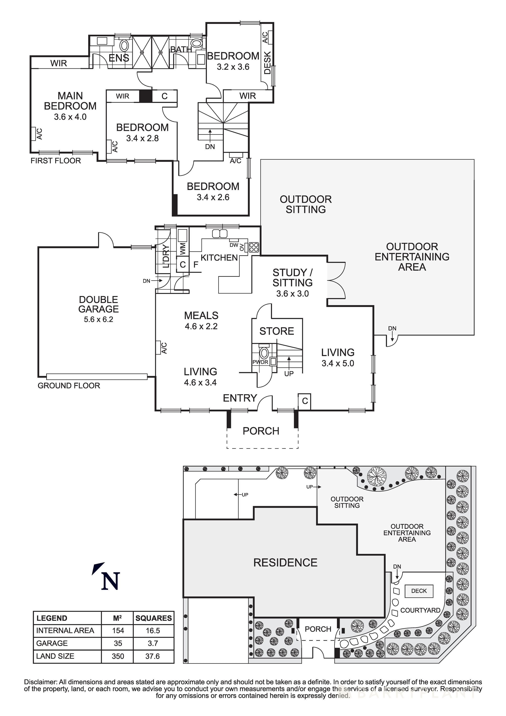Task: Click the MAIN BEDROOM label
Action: [70, 101]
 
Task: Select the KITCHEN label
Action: [219, 258]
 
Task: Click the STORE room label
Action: [277, 331]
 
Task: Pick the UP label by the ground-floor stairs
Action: [289, 374]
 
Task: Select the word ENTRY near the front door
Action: [240, 398]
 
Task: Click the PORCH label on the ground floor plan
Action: [261, 431]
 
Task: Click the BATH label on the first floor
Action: [181, 49]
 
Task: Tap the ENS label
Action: [119, 58]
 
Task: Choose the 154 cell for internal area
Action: [118, 630]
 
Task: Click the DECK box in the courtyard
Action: [419, 591]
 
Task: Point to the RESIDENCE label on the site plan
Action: [285, 563]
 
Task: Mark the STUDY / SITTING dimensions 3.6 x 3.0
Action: [292, 293]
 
